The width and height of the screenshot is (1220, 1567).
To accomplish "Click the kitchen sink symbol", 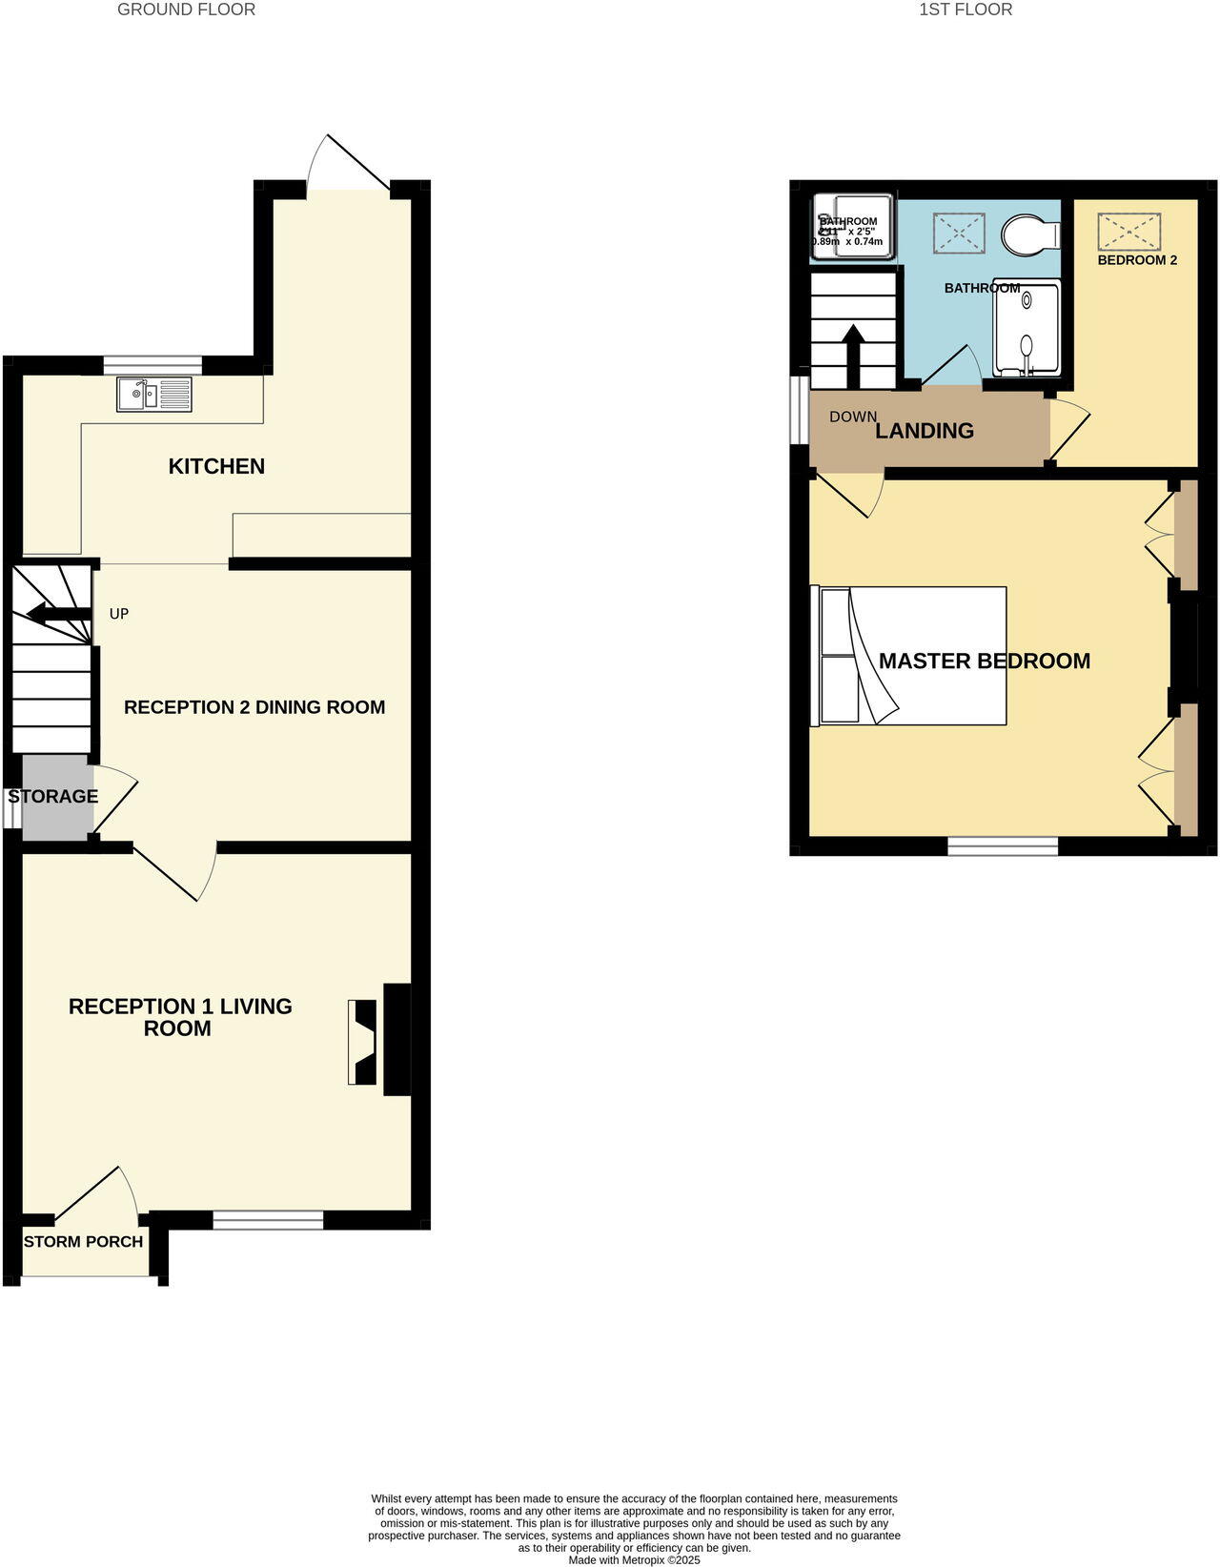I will (x=152, y=395).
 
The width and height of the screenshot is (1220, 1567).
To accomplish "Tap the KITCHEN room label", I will (x=216, y=466).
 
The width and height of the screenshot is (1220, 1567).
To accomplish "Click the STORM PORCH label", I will (x=83, y=1242).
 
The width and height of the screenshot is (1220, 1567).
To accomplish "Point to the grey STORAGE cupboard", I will (x=54, y=797).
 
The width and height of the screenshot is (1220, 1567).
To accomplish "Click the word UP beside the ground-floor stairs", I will (x=119, y=614).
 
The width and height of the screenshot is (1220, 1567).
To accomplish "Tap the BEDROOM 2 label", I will (x=1137, y=260).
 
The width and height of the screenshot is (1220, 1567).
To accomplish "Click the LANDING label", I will (x=925, y=431).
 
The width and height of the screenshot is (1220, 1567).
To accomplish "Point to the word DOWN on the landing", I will (x=852, y=417).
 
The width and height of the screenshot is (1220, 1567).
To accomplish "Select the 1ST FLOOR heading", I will (x=965, y=10).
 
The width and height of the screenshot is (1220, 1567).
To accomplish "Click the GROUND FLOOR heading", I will (x=186, y=10).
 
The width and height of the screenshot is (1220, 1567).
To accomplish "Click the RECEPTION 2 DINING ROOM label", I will (x=254, y=707).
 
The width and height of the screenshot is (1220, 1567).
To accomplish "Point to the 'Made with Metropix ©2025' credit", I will (x=634, y=1560).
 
